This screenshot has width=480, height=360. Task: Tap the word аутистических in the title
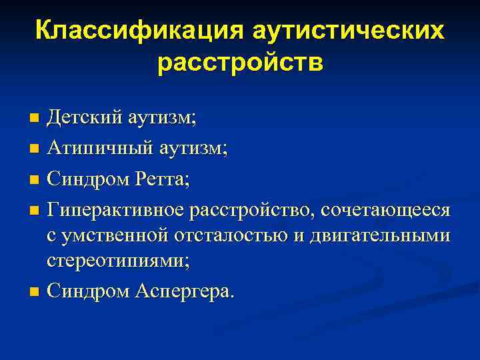(x=349, y=31)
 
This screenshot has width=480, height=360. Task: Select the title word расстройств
(x=241, y=63)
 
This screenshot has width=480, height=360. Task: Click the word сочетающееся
(x=386, y=210)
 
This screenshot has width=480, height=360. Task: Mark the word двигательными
(x=385, y=235)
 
